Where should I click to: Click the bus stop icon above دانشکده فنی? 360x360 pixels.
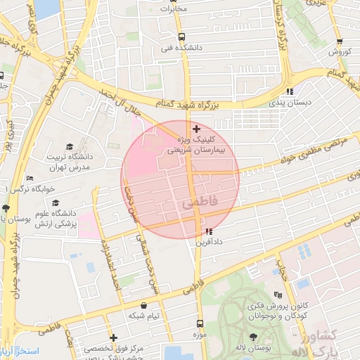click(182, 37)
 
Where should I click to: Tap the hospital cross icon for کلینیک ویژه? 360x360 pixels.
click(196, 129)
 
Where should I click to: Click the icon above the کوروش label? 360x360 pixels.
click(340, 41)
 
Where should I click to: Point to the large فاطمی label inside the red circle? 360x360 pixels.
click(200, 202)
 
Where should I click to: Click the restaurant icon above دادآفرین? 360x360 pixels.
click(208, 231)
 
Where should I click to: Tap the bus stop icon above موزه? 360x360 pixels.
click(200, 324)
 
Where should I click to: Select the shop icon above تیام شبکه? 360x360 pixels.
click(144, 306)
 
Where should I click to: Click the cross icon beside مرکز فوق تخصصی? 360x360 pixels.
click(113, 338)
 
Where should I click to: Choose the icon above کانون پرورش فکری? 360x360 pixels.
click(278, 295)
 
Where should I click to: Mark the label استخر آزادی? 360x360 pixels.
click(20, 350)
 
